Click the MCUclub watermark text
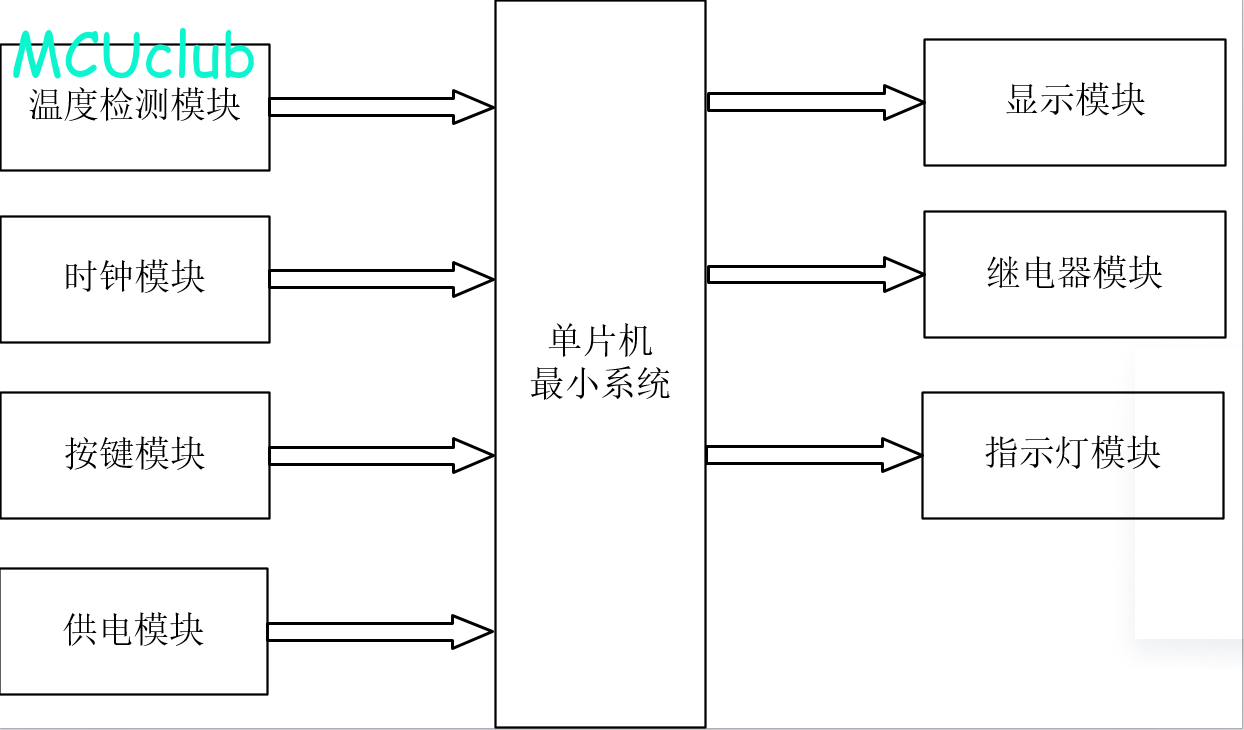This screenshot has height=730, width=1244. click(x=134, y=57)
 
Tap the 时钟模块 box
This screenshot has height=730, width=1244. click(x=134, y=279)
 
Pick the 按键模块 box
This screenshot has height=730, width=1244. click(x=134, y=455)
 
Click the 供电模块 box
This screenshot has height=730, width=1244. click(x=134, y=631)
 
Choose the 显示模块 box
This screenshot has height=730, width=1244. click(x=1074, y=102)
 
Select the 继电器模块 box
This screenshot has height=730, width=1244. click(x=1074, y=274)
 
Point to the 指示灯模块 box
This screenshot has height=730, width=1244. click(x=1072, y=455)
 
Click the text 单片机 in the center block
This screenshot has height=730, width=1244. click(x=600, y=341)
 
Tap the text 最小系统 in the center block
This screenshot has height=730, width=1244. click(x=600, y=383)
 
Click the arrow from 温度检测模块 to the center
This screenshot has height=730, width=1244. click(x=380, y=107)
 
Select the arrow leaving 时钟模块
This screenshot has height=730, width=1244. click(x=380, y=279)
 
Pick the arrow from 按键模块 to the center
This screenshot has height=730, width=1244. click(x=380, y=455)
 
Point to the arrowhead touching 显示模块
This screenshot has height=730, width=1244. click(x=903, y=102)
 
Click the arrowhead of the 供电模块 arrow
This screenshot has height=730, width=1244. click(x=473, y=631)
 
